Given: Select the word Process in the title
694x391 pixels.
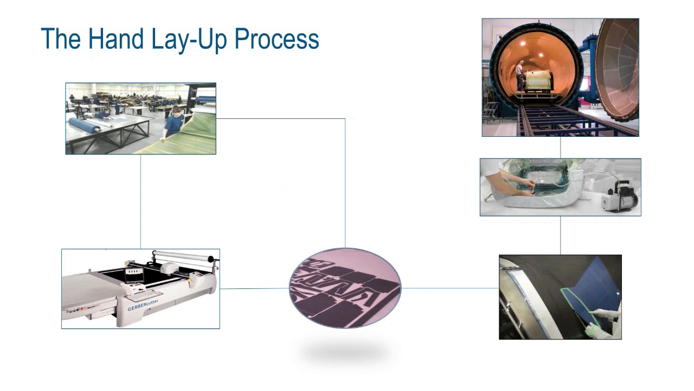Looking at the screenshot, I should click(277, 39).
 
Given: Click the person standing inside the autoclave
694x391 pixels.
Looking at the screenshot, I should click(520, 75).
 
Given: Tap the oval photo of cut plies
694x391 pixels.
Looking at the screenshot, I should click(345, 288).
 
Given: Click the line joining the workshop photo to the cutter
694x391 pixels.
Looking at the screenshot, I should click(140, 201).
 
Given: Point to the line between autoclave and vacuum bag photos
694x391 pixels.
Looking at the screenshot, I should click(560, 147).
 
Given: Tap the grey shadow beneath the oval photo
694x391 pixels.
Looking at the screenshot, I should click(345, 353).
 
